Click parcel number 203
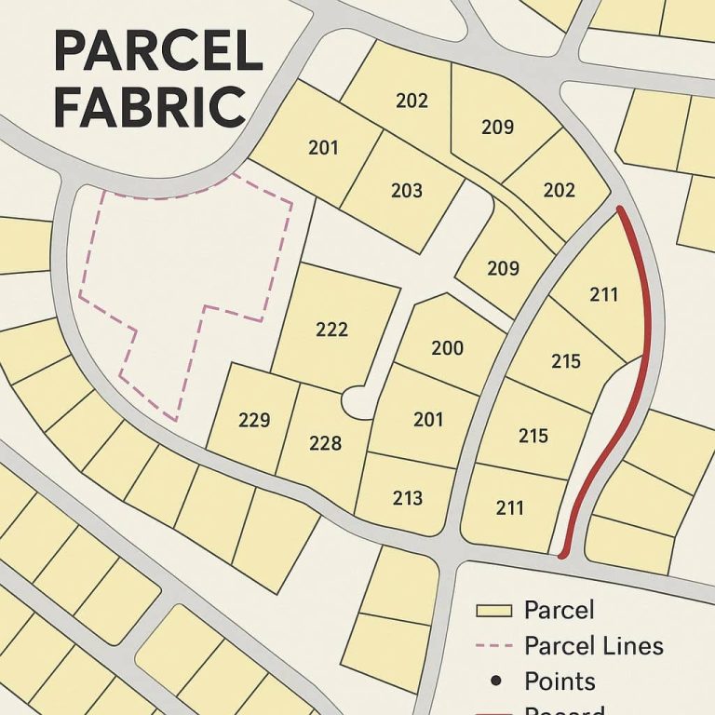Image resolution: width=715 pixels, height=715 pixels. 407,191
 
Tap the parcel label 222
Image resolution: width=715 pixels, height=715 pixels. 331,330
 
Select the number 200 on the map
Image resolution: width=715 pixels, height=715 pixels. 448,348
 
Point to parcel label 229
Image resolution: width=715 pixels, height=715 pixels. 254,420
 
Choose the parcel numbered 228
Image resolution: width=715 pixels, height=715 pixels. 325,443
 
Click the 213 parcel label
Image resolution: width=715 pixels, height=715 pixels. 408,498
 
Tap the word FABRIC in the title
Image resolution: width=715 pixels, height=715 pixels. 149,107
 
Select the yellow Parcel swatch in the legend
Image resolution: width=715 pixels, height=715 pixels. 494,611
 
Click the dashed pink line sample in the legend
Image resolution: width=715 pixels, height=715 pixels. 494,646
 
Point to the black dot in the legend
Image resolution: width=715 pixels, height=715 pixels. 494,681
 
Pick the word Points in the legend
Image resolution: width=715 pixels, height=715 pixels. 560,681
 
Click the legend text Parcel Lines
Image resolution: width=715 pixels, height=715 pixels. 594,645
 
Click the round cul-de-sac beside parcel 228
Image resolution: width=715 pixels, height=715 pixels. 356,403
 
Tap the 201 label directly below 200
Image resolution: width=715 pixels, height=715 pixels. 428,420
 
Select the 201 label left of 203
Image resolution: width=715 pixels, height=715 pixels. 323,147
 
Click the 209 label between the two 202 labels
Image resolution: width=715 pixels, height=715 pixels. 497,128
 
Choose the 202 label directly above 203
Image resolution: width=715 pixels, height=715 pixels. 411,101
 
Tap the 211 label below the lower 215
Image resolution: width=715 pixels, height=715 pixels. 509,508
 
